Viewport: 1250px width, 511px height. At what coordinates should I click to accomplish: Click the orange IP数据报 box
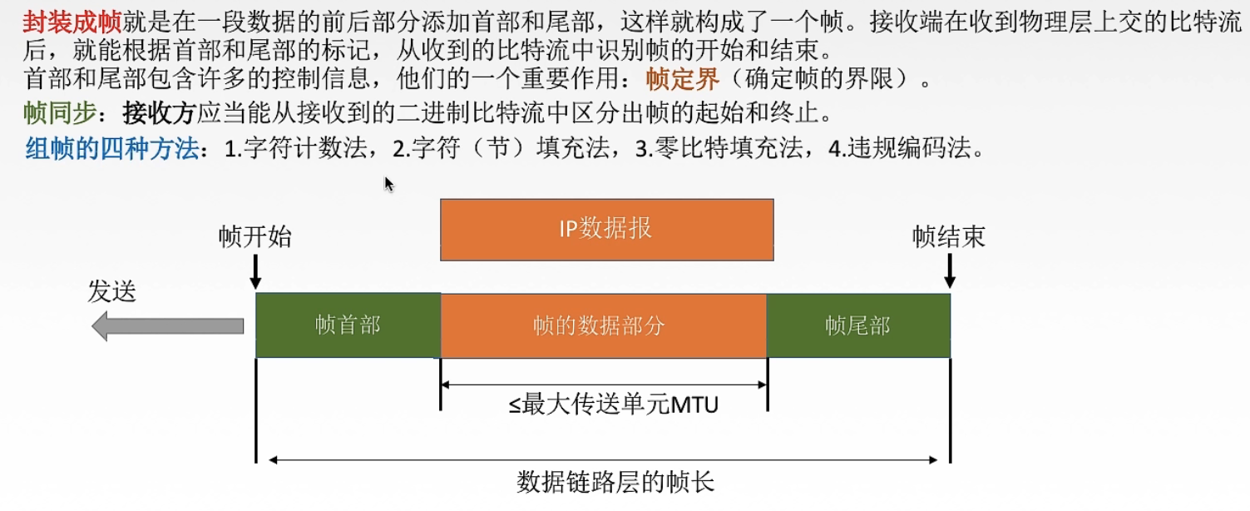point(606,230)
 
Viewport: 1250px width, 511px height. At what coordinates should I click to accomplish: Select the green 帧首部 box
point(348,325)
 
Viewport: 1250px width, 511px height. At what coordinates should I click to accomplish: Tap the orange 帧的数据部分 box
point(603,325)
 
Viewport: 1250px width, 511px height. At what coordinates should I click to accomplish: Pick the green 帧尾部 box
point(857,325)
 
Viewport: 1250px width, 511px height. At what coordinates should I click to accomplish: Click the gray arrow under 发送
point(167,325)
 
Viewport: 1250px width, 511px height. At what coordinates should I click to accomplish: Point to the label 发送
point(112,291)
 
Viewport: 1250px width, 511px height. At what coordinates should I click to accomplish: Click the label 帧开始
point(255,237)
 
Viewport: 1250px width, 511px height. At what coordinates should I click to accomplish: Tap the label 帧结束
point(948,237)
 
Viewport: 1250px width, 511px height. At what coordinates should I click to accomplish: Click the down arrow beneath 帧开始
point(255,271)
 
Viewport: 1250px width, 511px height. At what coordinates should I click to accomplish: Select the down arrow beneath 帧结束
point(949,271)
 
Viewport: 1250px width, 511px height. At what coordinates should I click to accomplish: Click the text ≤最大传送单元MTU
point(614,405)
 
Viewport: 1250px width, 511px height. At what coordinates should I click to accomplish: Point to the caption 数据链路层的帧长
point(615,483)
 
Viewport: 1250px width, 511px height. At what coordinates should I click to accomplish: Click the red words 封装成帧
point(72,22)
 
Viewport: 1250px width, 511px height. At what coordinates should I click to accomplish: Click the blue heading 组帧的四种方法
point(112,150)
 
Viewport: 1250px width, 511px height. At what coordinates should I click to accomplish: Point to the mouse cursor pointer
point(388,183)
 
